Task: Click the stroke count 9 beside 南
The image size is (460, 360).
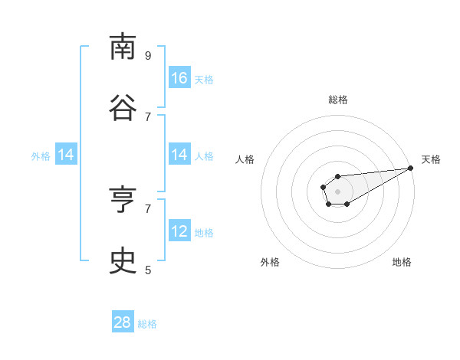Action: click(x=148, y=55)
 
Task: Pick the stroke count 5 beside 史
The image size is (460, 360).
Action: click(x=148, y=270)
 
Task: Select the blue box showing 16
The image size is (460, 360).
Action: click(x=179, y=78)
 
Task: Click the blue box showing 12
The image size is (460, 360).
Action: click(x=179, y=231)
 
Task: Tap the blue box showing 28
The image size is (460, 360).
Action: click(x=123, y=322)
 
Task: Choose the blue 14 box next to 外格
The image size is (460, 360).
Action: click(x=66, y=155)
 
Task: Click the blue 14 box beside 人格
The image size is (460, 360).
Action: click(x=179, y=155)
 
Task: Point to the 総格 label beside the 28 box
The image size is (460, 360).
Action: click(x=147, y=324)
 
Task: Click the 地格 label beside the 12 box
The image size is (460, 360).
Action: click(x=204, y=233)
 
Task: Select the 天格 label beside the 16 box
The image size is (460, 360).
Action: click(x=204, y=80)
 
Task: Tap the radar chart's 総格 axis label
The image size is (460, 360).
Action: click(x=337, y=100)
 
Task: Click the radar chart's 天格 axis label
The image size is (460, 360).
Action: click(x=431, y=159)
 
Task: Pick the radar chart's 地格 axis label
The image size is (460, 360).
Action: click(x=402, y=262)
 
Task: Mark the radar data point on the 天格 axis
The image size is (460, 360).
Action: click(x=410, y=168)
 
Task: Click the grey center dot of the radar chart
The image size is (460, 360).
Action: click(x=337, y=191)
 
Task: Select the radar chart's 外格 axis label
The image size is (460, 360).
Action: click(x=270, y=262)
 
